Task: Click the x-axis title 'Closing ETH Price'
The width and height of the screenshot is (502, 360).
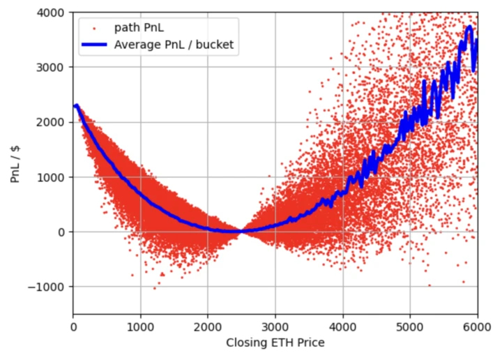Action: coord(275,343)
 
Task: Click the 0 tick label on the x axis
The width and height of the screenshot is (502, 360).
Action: coord(73,326)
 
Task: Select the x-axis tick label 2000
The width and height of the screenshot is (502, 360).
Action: coord(208,326)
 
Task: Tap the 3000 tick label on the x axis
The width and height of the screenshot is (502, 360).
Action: coord(275,326)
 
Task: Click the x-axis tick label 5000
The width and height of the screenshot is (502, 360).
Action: coord(410,326)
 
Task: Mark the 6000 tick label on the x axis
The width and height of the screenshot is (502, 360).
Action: coord(477,326)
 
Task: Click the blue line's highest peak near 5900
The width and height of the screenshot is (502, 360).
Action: coord(470,27)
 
